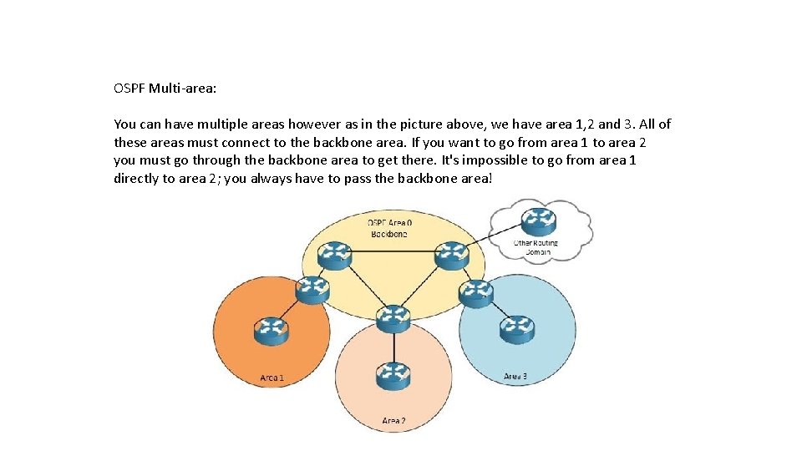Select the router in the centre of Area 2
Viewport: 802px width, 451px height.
click(393, 377)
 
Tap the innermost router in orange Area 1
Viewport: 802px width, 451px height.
click(271, 332)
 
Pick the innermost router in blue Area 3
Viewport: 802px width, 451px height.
click(517, 329)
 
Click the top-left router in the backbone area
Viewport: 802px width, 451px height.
click(336, 254)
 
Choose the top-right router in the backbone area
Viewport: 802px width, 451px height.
click(452, 254)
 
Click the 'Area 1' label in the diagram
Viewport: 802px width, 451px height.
click(272, 378)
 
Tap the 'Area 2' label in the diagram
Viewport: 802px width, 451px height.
click(393, 421)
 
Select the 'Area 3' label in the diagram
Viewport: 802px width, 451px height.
click(515, 377)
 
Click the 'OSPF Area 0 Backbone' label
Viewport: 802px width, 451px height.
click(389, 228)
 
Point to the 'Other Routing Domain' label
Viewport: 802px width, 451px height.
click(536, 247)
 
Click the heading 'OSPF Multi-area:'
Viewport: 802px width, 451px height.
click(165, 87)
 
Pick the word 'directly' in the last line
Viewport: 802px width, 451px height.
click(137, 179)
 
